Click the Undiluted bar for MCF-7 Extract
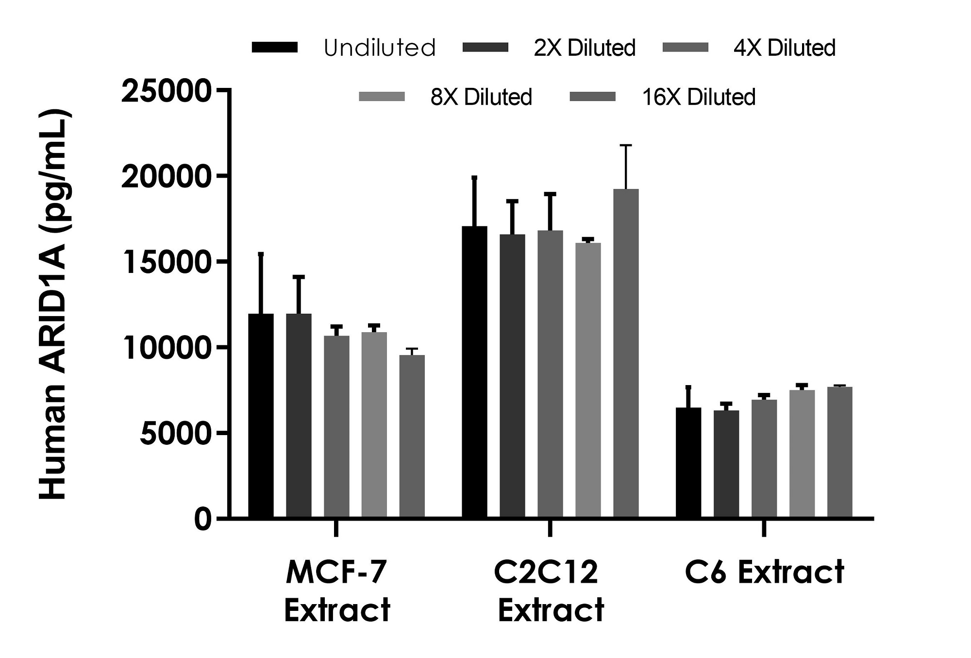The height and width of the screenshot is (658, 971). [x=261, y=416]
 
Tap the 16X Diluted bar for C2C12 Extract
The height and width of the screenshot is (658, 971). [x=626, y=353]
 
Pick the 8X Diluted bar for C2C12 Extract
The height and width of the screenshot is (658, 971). [x=588, y=380]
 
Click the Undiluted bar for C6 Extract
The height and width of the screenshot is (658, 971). [x=688, y=462]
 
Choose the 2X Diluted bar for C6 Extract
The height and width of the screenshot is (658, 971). [x=726, y=464]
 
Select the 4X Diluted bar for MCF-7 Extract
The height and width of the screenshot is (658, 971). [x=336, y=426]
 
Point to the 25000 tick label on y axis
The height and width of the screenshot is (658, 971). [x=166, y=91]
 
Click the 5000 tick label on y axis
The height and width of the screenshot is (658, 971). [x=176, y=433]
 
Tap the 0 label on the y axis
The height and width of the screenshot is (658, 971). [x=203, y=519]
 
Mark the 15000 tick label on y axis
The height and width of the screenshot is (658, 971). [x=166, y=262]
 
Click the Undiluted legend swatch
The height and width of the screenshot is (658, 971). [x=275, y=47]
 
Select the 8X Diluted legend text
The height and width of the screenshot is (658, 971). [x=481, y=97]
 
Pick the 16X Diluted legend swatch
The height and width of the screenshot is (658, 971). [x=592, y=97]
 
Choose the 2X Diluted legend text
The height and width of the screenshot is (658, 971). [x=585, y=48]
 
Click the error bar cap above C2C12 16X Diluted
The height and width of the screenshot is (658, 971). [x=626, y=145]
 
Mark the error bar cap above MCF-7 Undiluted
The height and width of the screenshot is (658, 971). [x=261, y=253]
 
